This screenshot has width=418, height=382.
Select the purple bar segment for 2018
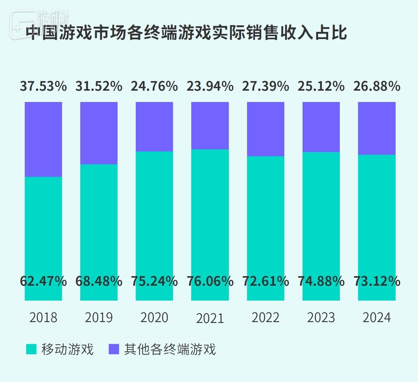(43, 139)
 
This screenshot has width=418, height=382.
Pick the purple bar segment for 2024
(376, 128)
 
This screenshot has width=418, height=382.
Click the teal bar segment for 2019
(99, 223)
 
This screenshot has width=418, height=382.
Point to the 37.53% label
(43, 86)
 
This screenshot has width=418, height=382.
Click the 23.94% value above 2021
(210, 86)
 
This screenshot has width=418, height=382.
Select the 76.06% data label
(210, 281)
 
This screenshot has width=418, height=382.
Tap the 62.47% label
(43, 281)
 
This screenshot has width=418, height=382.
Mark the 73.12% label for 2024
(377, 281)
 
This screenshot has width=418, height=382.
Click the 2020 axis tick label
(154, 318)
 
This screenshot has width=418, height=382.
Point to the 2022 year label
(265, 318)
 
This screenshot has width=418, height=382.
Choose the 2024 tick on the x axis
(377, 318)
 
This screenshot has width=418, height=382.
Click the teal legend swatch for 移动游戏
(31, 350)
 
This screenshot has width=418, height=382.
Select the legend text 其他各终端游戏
(169, 350)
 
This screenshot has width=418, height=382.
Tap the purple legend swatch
(114, 350)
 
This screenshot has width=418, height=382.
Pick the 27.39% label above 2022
(265, 86)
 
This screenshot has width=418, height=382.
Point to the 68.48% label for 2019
(99, 281)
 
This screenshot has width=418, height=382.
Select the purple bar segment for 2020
(154, 126)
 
